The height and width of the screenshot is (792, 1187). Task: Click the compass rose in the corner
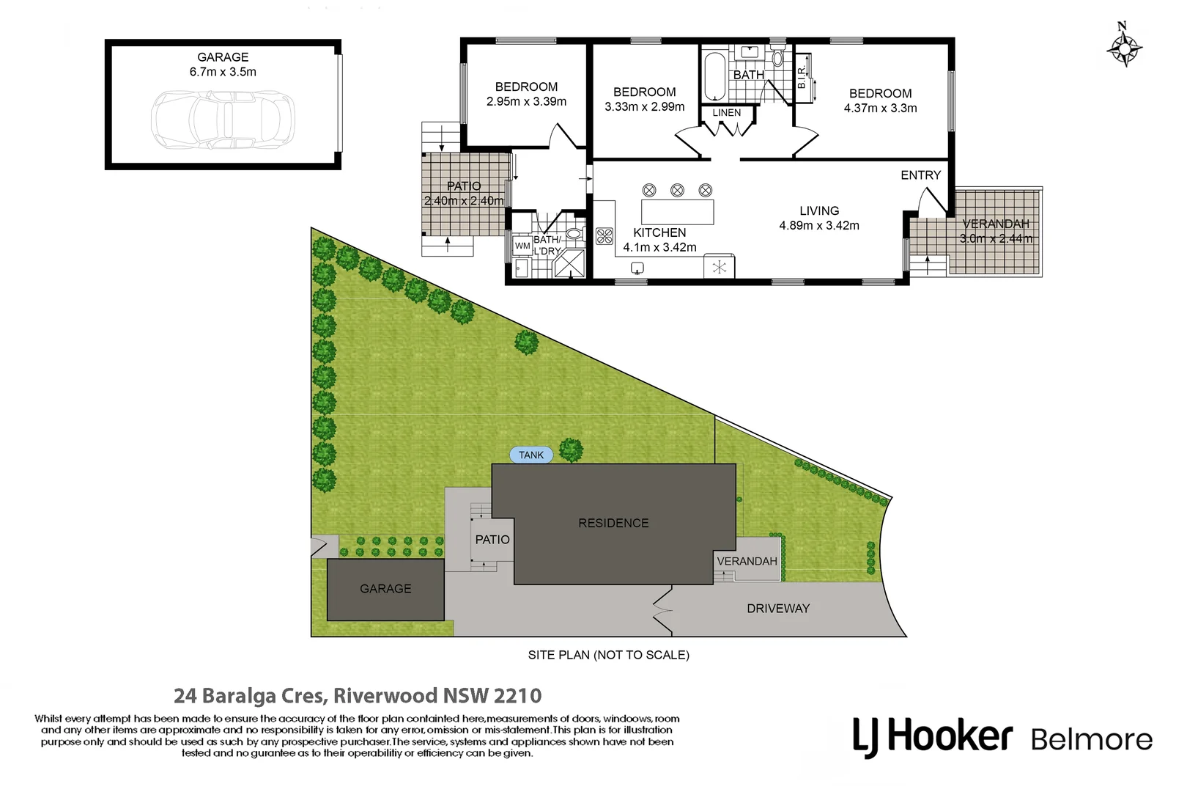click(1124, 48)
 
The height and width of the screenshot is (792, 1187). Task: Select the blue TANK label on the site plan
click(531, 455)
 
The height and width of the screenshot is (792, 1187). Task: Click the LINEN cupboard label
click(726, 113)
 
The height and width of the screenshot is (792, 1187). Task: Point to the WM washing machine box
click(522, 246)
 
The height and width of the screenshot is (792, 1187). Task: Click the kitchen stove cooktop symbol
click(604, 236)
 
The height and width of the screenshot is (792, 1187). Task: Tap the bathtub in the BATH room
click(714, 75)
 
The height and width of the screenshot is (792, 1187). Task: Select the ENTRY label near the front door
click(920, 175)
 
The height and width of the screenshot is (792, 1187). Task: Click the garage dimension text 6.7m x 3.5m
click(223, 72)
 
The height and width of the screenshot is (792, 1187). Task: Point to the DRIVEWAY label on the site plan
click(778, 609)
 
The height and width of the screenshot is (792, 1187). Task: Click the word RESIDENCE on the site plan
click(613, 524)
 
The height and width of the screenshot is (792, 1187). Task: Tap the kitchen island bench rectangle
click(677, 212)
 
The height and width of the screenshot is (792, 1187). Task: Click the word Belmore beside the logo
click(1091, 739)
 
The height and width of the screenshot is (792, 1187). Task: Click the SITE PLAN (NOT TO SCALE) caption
click(608, 655)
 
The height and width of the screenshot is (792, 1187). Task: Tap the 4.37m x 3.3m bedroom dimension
click(880, 109)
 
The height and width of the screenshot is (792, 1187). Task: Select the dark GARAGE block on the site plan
click(385, 590)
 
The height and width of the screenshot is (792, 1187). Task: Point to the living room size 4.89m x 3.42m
click(819, 226)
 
